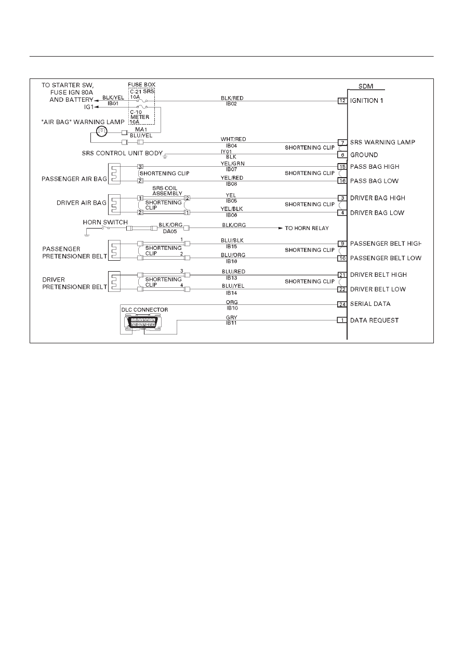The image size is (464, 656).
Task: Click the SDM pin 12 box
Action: [342, 101]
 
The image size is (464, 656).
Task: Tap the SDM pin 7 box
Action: [342, 143]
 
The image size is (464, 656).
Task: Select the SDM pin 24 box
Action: [342, 304]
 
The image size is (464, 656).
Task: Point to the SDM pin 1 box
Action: [342, 320]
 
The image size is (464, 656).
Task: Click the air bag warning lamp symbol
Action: [102, 131]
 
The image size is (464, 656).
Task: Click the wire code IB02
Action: [231, 104]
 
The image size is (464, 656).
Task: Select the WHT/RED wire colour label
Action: [233, 139]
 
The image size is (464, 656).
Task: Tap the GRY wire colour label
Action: [231, 317]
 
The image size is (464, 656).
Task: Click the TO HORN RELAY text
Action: [307, 228]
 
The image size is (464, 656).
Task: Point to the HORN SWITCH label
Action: [105, 222]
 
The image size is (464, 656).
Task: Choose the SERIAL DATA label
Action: [370, 304]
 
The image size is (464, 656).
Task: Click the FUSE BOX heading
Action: [141, 85]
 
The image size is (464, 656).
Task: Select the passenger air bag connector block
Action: [114, 173]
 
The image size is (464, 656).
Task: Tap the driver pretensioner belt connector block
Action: [114, 282]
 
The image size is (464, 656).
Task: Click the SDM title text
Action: [366, 86]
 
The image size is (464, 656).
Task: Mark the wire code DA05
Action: [170, 231]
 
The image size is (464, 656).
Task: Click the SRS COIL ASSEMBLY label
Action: [167, 191]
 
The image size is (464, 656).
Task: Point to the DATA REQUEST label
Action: [374, 320]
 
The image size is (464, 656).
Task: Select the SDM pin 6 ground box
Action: [342, 155]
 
